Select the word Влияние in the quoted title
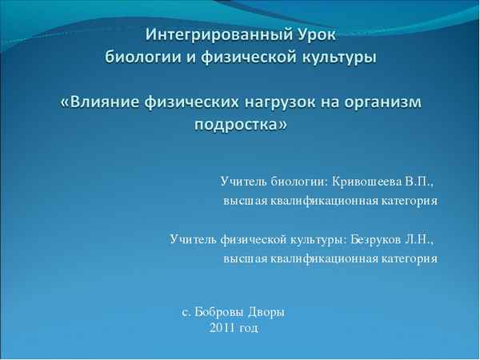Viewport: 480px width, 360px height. tap(107, 103)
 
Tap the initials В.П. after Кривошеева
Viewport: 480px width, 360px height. tap(423, 181)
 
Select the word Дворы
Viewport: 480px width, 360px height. tap(266, 311)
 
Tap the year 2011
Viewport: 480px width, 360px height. tap(222, 327)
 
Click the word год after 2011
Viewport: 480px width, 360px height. tap(249, 327)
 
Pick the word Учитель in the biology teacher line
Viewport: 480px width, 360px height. tap(242, 181)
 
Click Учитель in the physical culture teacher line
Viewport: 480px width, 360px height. tap(193, 238)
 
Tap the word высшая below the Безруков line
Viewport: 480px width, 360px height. tap(244, 258)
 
